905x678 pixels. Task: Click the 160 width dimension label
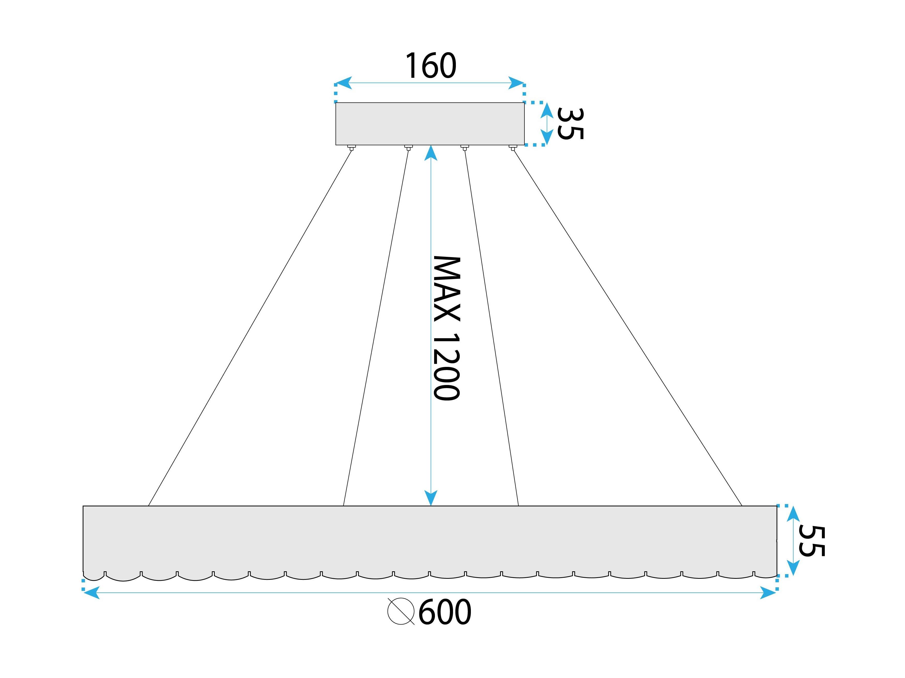[431, 66]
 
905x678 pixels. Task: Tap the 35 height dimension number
[570, 124]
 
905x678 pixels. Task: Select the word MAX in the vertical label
[447, 290]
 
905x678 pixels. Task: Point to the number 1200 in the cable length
[447, 367]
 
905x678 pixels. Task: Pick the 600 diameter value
[445, 612]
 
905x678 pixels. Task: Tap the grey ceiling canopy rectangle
[430, 124]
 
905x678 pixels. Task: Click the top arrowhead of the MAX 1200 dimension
[431, 153]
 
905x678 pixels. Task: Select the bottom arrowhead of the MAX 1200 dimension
[431, 498]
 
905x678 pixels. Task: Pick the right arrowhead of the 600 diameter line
[768, 592]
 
